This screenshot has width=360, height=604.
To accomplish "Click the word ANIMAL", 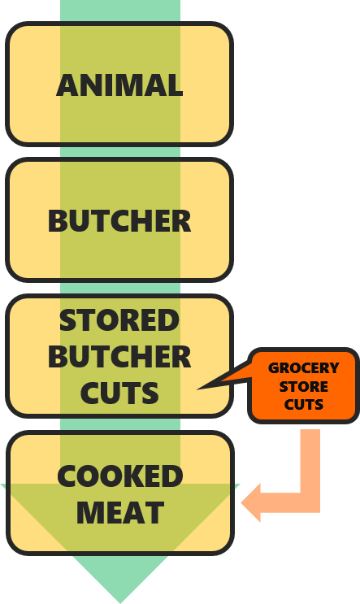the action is [x=119, y=85].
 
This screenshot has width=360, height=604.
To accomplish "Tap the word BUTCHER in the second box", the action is [x=119, y=221].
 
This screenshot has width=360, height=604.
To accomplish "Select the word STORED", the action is [x=119, y=320].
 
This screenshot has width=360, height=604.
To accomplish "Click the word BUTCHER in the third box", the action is [x=119, y=357].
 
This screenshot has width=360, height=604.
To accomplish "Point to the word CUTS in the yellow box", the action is [x=119, y=393].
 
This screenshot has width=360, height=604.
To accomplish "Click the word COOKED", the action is [x=119, y=476].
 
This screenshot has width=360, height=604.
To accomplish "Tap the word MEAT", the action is [x=120, y=513].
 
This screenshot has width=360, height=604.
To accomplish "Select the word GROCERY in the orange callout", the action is [x=303, y=368].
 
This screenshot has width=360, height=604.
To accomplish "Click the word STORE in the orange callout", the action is [x=303, y=387].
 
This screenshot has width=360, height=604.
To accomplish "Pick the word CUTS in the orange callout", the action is [x=303, y=405].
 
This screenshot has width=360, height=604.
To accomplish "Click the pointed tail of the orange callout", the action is [x=198, y=389].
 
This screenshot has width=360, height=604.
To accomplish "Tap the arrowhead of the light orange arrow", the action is [x=250, y=502].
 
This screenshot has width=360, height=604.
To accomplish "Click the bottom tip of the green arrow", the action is [x=120, y=602].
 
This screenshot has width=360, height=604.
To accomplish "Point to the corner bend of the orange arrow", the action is [x=310, y=502].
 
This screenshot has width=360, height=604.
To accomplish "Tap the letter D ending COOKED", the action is [x=173, y=476].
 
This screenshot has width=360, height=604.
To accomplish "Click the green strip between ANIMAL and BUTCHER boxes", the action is [x=120, y=152].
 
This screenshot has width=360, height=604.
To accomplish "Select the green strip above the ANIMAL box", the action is [x=120, y=11].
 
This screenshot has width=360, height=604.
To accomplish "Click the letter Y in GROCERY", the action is [x=333, y=368].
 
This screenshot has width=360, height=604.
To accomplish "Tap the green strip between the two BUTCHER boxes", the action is [x=120, y=288].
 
